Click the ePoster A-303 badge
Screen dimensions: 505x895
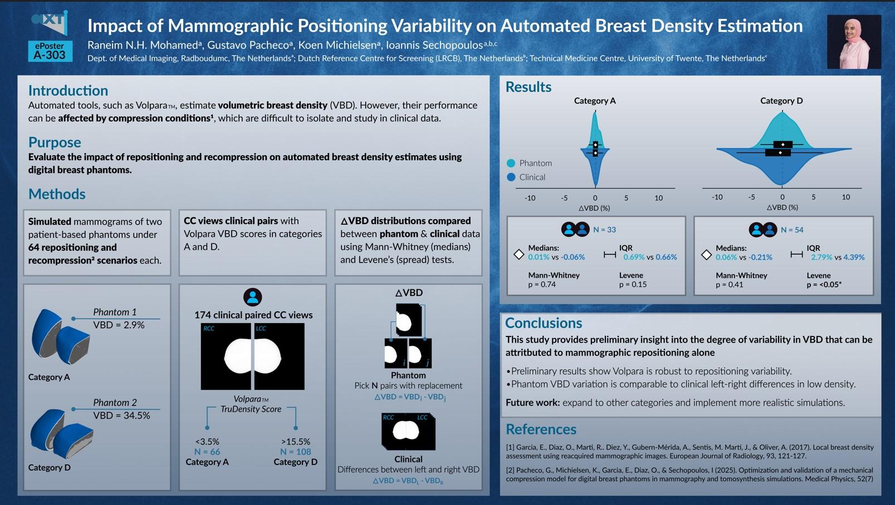coord(50,51)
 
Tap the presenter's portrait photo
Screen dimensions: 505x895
coord(853,42)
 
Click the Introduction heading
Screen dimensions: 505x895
coord(68,91)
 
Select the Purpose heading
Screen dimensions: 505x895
coord(55,142)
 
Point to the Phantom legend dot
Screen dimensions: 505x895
coord(511,164)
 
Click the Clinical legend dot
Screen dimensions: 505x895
coord(511,177)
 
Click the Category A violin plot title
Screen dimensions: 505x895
coord(595,101)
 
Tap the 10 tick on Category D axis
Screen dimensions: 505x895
coord(845,197)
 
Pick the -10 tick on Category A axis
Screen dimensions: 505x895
coord(530,197)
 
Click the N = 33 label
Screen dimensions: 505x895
coord(604,230)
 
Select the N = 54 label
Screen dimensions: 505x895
coord(792,230)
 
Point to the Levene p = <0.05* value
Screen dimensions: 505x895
coord(824,285)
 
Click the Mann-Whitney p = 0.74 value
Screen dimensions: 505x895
coord(542,285)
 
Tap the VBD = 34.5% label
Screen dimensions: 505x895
coord(121,415)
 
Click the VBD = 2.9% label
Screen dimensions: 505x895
coord(119,325)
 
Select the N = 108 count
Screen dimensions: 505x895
coord(295,452)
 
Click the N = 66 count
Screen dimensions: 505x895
coord(207,452)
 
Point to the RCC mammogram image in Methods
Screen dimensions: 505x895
coord(226,357)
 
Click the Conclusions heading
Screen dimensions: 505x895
coord(543,323)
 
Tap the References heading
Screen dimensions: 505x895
coord(540,429)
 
